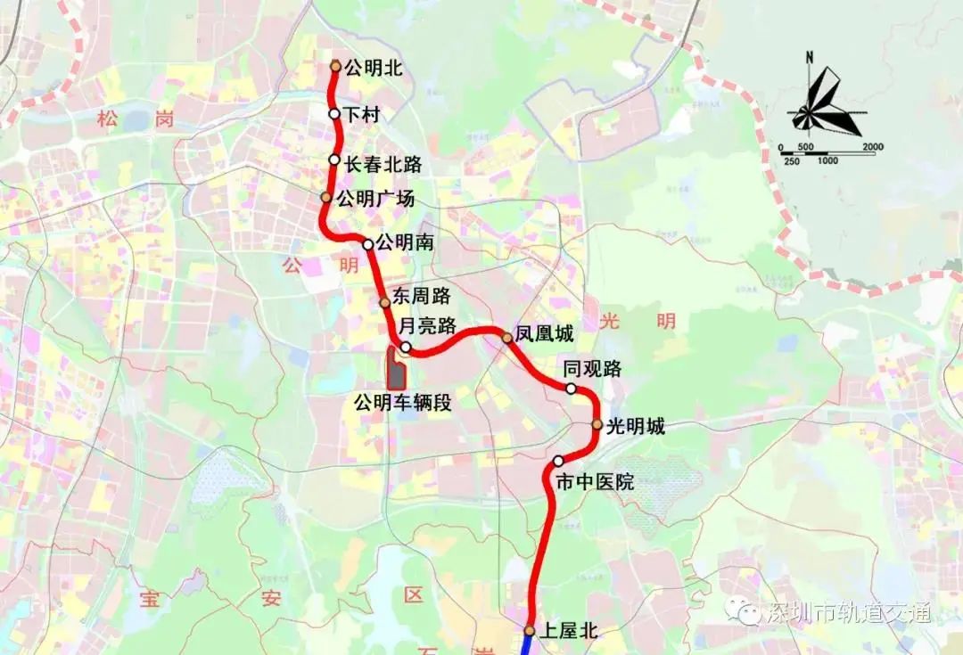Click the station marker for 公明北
[x=335, y=66]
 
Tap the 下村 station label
[x=362, y=114]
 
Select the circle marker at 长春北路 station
[x=334, y=160]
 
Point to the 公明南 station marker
[x=367, y=244]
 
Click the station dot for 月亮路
[x=406, y=347]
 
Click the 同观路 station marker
[x=572, y=389]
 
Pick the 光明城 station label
[x=636, y=426]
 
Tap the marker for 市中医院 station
[x=558, y=461]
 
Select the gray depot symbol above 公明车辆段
[x=394, y=369]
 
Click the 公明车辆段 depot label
[x=402, y=402]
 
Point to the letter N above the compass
[x=809, y=58]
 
